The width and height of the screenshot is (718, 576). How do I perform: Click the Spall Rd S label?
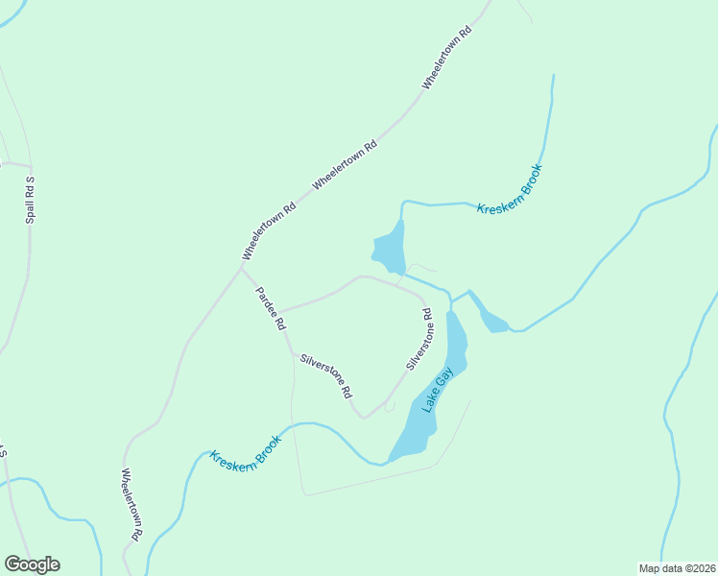(x=30, y=201)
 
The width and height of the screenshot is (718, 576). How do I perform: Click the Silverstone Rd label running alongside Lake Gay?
(x=419, y=339)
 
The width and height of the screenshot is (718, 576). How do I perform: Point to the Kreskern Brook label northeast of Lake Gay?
(x=510, y=189)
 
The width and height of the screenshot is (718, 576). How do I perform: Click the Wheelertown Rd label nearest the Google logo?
(x=132, y=503)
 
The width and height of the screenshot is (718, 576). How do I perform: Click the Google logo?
(x=32, y=564)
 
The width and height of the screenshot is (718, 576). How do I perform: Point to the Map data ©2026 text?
(x=677, y=568)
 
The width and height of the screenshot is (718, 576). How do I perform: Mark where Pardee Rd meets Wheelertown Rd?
(x=239, y=268)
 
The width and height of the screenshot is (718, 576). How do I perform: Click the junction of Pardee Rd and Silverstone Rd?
(x=293, y=354)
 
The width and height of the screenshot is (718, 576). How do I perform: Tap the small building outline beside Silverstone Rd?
(x=390, y=406)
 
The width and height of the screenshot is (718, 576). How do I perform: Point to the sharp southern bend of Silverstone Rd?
(x=364, y=418)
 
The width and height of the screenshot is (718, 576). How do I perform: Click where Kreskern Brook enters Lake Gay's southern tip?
(x=389, y=461)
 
